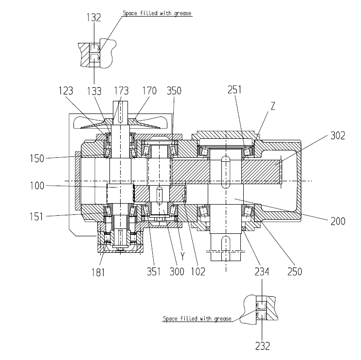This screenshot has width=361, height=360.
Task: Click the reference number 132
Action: pos(94,18)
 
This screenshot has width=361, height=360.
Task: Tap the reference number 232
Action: pos(262,346)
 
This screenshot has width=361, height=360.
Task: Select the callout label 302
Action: pos(338,135)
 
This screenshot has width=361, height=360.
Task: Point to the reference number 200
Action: pos(338,221)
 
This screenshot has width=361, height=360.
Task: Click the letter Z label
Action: pos(273,106)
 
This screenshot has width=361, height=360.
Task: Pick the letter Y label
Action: pos(182,256)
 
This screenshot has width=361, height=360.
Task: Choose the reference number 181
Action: pos(98,272)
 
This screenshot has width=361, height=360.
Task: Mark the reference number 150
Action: pos(37,159)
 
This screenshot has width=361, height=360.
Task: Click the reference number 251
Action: pos(235,90)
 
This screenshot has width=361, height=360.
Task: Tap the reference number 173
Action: pos(121,91)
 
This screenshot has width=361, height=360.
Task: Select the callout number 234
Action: pos(262,271)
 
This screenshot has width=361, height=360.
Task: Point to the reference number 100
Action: pos(37,186)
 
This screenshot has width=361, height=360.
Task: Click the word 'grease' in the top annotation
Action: pos(183,13)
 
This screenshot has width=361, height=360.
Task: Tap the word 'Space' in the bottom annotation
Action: pos(170,319)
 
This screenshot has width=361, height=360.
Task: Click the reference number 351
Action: pos(154,271)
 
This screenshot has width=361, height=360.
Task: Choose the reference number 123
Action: pos(66,91)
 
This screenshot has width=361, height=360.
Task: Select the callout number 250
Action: pos(295,271)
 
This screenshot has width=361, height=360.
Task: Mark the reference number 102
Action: pos(198,271)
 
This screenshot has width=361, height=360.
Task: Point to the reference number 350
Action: pos(174,91)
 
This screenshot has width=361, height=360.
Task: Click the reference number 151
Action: pos(36,217)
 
